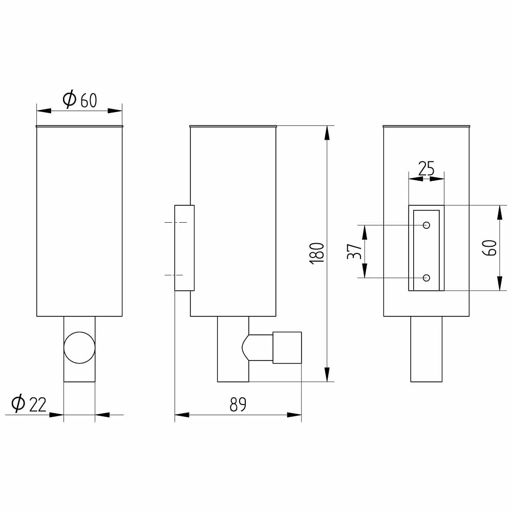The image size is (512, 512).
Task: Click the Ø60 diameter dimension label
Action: coord(79,99)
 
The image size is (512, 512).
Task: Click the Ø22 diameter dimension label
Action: coord(29,404)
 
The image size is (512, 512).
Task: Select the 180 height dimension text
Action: coord(317,253)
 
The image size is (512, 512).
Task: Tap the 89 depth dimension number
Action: coord(238,405)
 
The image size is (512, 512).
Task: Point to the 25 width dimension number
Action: coord(426,168)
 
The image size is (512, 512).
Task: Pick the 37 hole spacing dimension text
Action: coord(354,251)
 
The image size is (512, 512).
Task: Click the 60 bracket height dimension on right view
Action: coord(489,248)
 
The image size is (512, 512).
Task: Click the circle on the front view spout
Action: coord(79,348)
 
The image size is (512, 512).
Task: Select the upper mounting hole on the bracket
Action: coord(426,225)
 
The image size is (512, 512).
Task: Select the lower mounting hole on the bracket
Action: coord(426,278)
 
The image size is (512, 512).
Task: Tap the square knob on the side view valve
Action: coord(287,348)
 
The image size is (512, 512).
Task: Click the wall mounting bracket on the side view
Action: coord(184,248)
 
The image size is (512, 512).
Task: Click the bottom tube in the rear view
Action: coord(426,349)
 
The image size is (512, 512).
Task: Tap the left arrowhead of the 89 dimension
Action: coord(182,415)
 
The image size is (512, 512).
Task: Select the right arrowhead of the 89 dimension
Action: coord(294,415)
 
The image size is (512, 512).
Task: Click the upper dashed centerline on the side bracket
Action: coord(175,222)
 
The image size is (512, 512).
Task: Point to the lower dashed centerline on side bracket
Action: coord(175,275)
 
